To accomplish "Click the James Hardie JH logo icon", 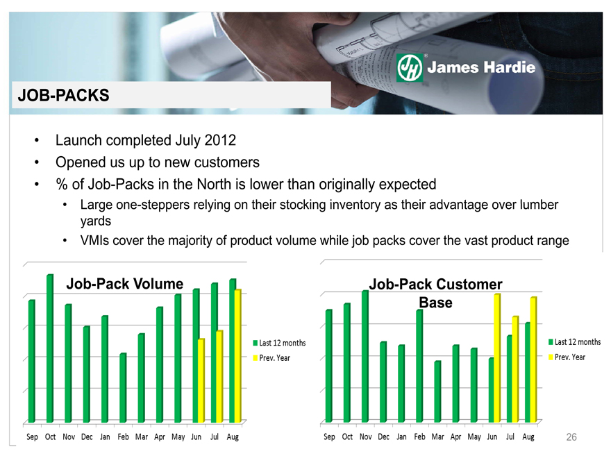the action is tap(410, 67).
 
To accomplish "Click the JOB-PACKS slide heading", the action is tap(63, 96).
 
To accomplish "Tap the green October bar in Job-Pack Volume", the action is tap(50, 348).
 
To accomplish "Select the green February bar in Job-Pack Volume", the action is tap(123, 387).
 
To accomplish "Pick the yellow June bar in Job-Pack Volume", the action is tap(201, 380).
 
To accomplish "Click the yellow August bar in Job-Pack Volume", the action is tap(237, 355).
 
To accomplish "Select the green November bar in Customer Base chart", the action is tap(365, 357).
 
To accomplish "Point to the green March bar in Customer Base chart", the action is tap(437, 391).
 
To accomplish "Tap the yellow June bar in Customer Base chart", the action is tap(497, 358).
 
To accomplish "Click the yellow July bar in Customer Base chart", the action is tap(515, 369).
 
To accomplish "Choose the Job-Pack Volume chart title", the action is tap(125, 284).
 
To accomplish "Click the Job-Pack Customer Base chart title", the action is tap(435, 294).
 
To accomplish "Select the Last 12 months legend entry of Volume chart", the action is tap(279, 343).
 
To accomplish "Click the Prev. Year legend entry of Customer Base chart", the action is tap(567, 357).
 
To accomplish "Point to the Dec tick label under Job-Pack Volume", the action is tap(87, 437).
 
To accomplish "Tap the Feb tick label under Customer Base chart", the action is tap(419, 437).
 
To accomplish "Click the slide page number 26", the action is tap(571, 437).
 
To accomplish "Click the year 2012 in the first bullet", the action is tap(220, 140).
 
